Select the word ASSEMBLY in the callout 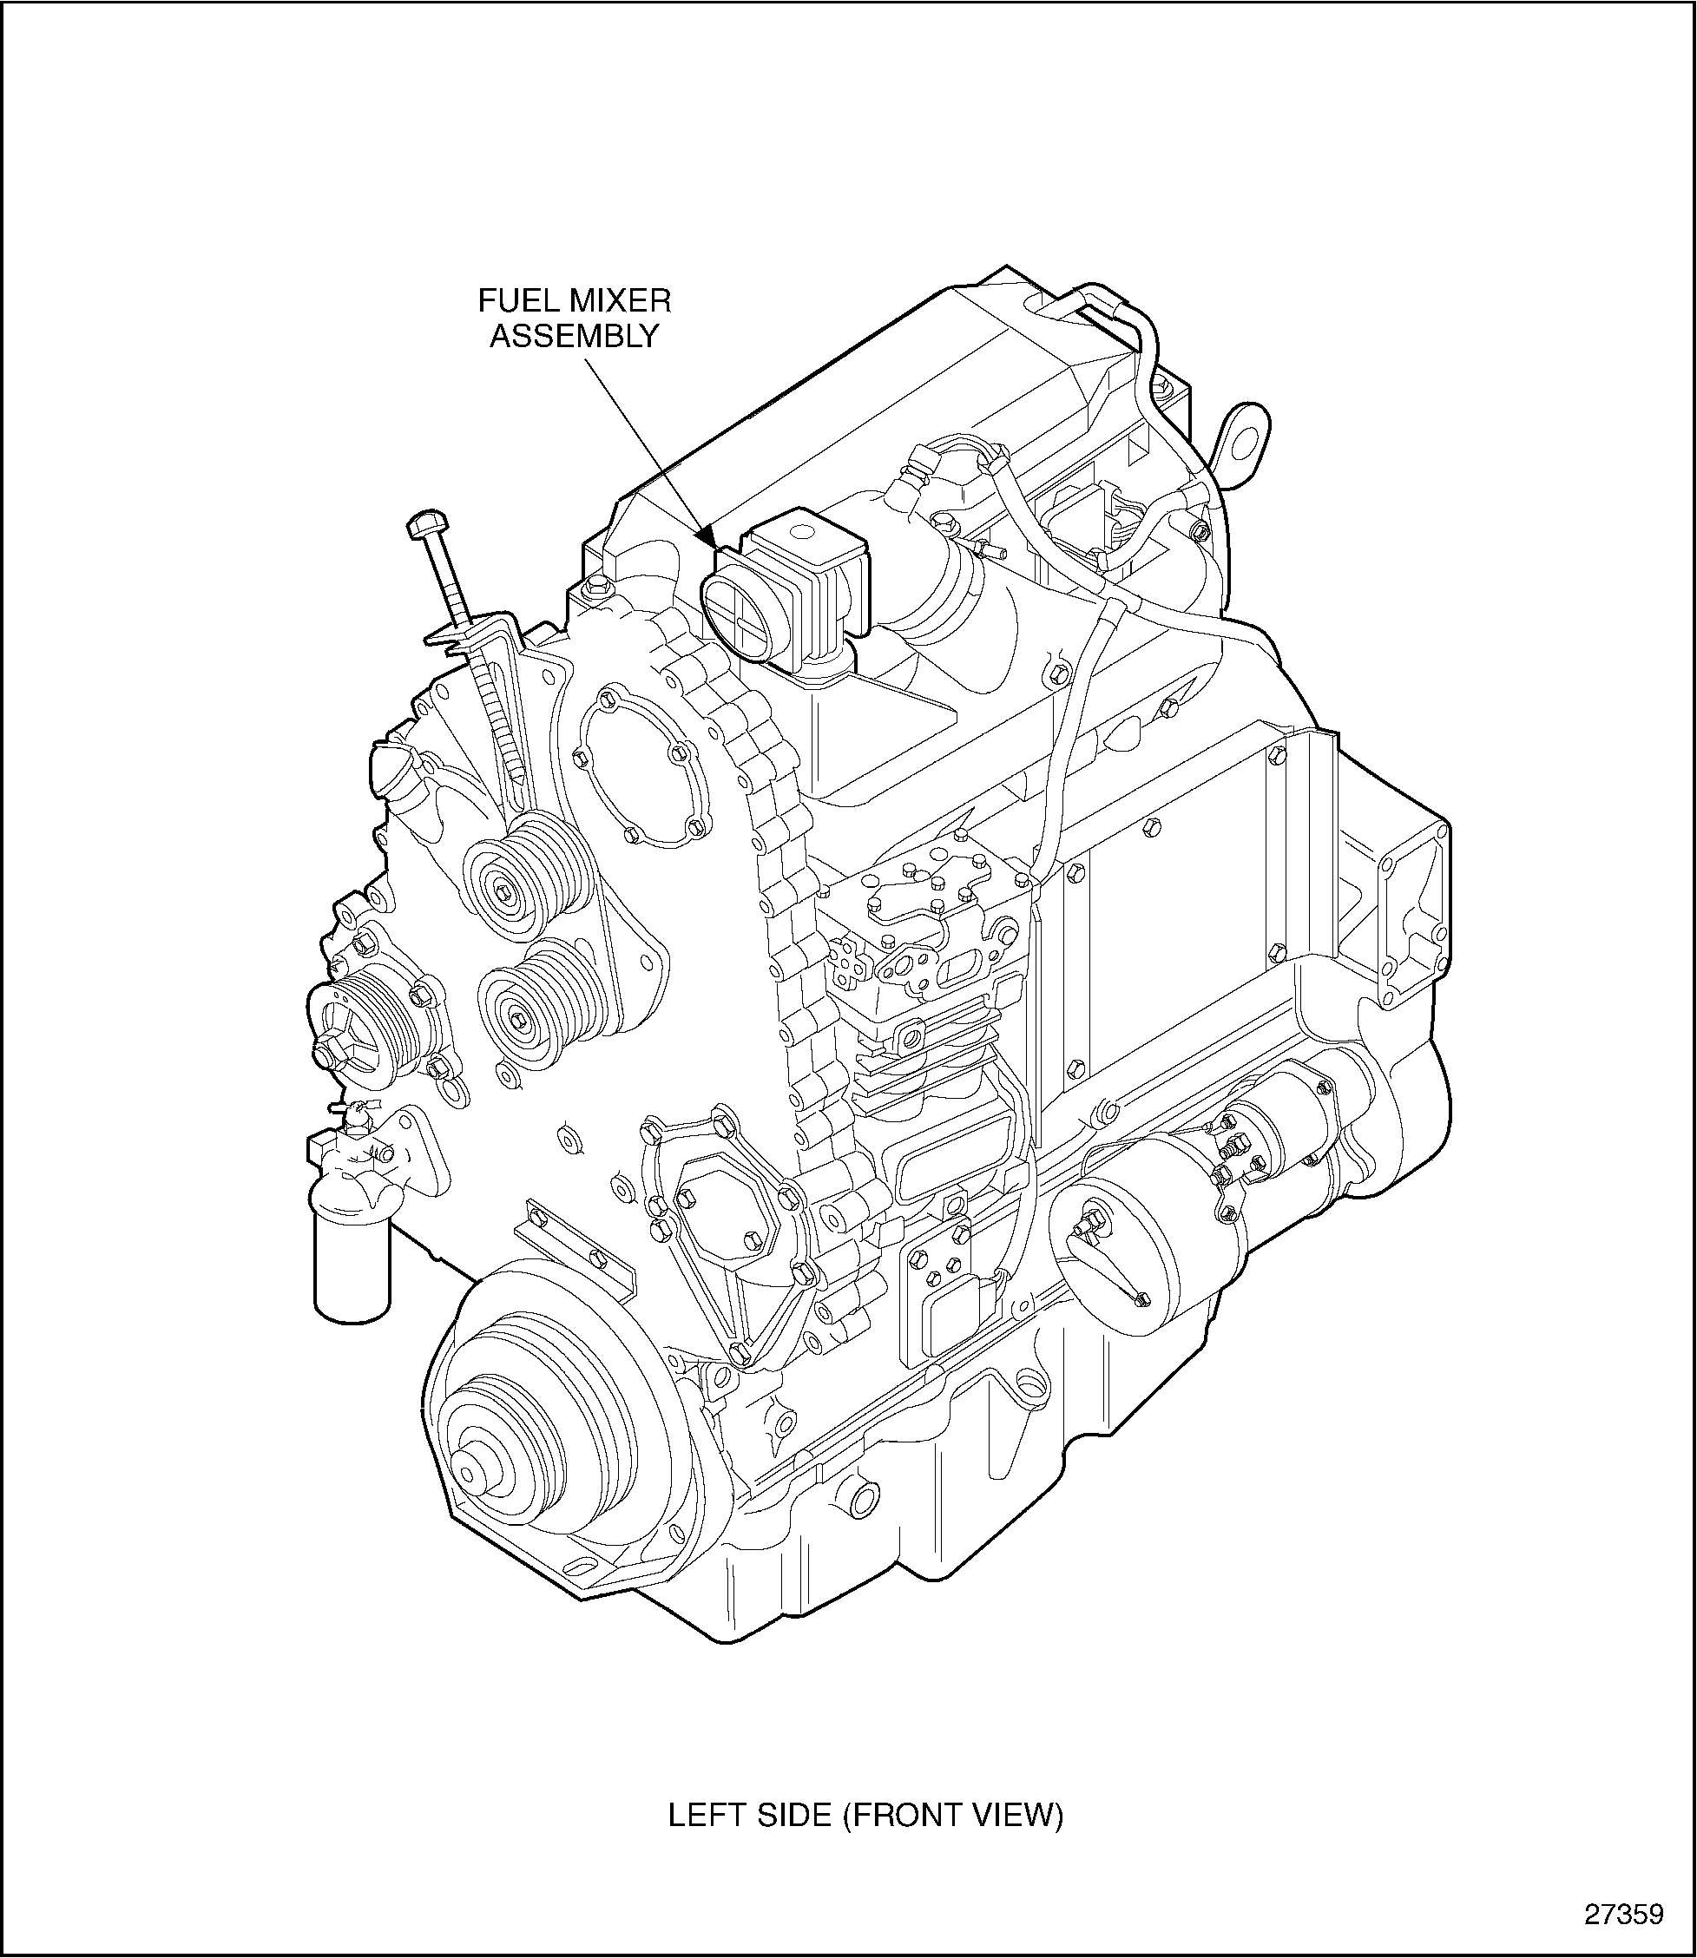(574, 336)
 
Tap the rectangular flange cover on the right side (1414, 910)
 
